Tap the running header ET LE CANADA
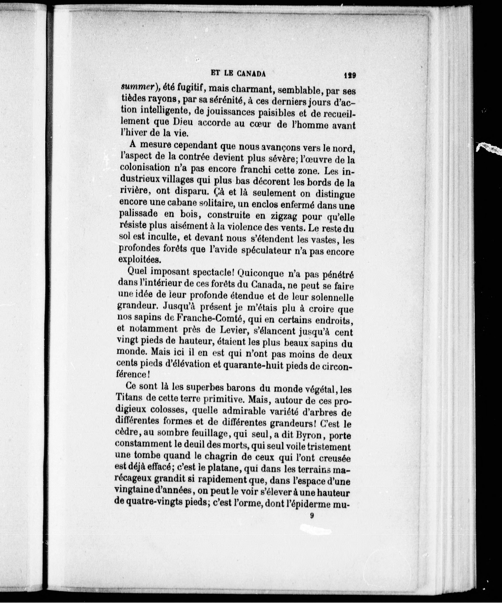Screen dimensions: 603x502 [x=238, y=74]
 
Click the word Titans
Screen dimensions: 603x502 [x=130, y=398]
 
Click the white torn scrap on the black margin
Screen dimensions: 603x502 [x=488, y=147]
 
